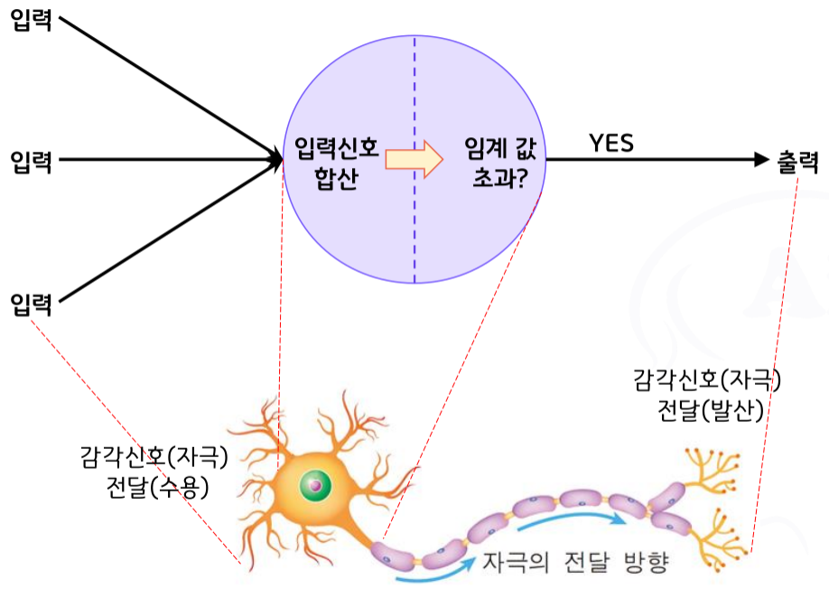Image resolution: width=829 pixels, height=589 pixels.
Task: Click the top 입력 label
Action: coord(31,19)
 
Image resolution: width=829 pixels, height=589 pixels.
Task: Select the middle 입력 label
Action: coord(31,163)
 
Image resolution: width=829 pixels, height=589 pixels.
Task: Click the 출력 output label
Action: coord(797,162)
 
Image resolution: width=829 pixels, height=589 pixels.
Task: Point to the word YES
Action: coord(611,143)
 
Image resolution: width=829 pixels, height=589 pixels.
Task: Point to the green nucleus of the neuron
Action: coord(314,485)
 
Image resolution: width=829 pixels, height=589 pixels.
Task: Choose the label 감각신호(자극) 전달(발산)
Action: coord(710,396)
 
